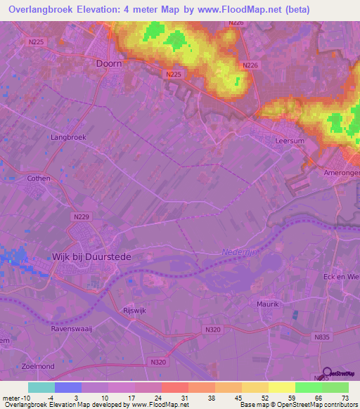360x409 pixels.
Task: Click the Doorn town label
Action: click(x=108, y=63)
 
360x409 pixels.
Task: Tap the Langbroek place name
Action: click(x=68, y=138)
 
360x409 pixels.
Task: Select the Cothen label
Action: click(x=39, y=178)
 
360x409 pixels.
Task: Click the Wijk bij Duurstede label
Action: click(x=91, y=257)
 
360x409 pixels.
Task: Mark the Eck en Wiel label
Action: click(x=340, y=276)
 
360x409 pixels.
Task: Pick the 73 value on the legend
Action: click(x=345, y=396)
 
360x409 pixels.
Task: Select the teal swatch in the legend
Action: click(x=41, y=387)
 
